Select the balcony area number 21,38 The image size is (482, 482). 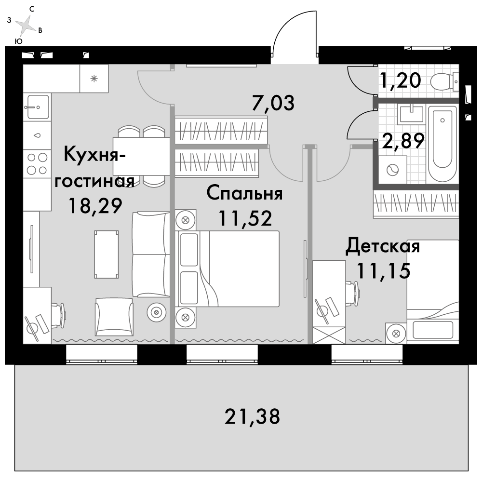point(252,415)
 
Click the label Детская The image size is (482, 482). point(383,247)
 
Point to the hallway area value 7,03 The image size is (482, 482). point(273,103)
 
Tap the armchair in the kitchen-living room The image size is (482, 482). point(114,316)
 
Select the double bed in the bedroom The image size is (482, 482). point(229,268)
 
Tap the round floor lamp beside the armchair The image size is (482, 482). point(156,312)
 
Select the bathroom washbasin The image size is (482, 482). point(411,114)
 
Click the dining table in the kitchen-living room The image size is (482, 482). point(141,156)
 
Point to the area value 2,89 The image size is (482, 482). point(403,141)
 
